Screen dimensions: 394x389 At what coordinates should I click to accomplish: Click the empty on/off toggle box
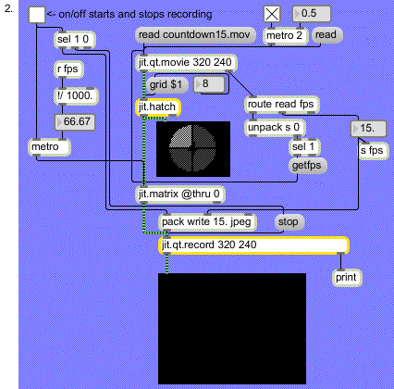pos(37,15)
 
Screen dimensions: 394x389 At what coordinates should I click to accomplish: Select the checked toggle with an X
pos(272,14)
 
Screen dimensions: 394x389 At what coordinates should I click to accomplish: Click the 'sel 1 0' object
pos(75,40)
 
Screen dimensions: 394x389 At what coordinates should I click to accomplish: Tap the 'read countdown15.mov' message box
pos(195,35)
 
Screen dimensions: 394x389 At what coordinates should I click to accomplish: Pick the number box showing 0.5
pos(312,14)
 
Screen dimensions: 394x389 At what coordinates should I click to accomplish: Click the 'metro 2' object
pos(286,36)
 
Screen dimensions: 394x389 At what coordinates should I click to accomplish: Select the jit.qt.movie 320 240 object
pos(186,63)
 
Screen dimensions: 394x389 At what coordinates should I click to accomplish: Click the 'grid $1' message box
pos(167,85)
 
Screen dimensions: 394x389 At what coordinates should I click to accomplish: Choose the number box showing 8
pos(209,84)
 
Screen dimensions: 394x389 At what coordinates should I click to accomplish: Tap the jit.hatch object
pos(158,107)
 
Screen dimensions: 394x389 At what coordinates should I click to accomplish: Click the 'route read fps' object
pos(282,105)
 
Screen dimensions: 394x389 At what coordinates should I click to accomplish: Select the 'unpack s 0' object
pos(275,128)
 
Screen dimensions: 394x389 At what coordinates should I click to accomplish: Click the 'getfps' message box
pos(307,166)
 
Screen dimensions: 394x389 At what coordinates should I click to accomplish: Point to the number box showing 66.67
pos(75,122)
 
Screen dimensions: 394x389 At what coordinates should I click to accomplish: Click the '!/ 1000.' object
pos(76,96)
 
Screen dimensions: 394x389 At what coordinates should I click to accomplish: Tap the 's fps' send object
pos(373,151)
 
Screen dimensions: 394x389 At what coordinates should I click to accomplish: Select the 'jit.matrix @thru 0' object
pos(180,194)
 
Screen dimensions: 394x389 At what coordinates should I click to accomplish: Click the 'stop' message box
pos(289,222)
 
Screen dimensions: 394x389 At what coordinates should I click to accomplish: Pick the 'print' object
pos(347,278)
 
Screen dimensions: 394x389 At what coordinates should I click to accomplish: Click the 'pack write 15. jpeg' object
pos(207,222)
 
